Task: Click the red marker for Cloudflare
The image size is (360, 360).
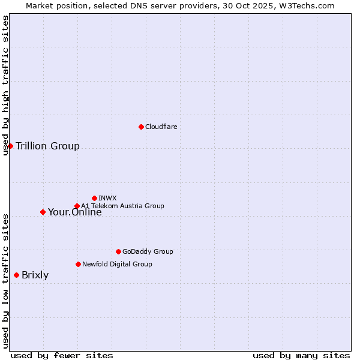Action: [x=141, y=127]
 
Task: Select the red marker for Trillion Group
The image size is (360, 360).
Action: [x=10, y=146]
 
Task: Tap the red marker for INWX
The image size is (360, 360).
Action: [x=94, y=198]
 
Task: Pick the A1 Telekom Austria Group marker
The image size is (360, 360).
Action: [x=77, y=206]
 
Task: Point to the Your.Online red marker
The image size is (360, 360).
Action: [x=43, y=212]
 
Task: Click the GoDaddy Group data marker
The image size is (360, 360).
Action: [x=118, y=251]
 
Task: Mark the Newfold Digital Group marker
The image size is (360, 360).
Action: [x=78, y=264]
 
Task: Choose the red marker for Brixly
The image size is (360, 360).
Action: [x=16, y=275]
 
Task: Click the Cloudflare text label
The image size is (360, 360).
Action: [x=161, y=127]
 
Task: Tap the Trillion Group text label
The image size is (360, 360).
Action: [x=47, y=146]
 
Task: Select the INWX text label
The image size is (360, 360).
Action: [x=107, y=198]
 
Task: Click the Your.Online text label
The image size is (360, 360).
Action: [x=74, y=212]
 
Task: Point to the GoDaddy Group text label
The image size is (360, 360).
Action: [x=148, y=251]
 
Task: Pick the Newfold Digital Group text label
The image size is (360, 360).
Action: [x=117, y=264]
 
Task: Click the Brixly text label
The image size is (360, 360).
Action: [x=35, y=275]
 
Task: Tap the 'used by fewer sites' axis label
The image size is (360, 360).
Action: [x=62, y=355]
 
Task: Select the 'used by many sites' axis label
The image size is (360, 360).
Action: [x=301, y=355]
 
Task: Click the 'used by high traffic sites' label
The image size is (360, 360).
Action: [x=5, y=85]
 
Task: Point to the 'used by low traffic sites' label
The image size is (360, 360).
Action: [x=5, y=281]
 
